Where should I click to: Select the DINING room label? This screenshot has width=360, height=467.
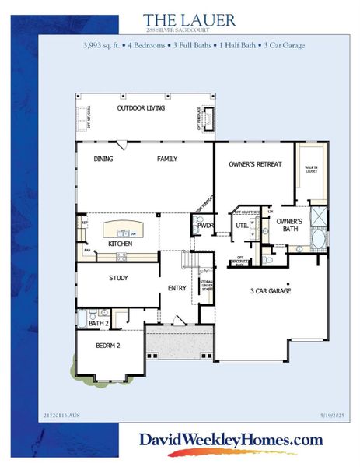pyautogui.click(x=103, y=160)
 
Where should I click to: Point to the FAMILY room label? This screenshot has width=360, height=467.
pyautogui.click(x=167, y=160)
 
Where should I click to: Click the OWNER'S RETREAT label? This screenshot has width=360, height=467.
pyautogui.click(x=254, y=165)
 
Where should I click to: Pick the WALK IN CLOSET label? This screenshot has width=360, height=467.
pyautogui.click(x=310, y=170)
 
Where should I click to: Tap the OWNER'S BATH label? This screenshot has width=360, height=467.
pyautogui.click(x=288, y=224)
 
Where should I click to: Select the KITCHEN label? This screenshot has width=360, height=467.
pyautogui.click(x=121, y=244)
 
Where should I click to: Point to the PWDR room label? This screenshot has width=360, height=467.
pyautogui.click(x=206, y=226)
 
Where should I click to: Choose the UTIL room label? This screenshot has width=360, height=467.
pyautogui.click(x=241, y=226)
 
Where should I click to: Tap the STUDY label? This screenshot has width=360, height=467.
pyautogui.click(x=118, y=278)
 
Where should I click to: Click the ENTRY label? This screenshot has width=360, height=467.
pyautogui.click(x=177, y=289)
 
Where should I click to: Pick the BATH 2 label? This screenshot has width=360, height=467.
pyautogui.click(x=97, y=322)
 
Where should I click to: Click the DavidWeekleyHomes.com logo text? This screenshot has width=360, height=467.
pyautogui.click(x=230, y=440)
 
